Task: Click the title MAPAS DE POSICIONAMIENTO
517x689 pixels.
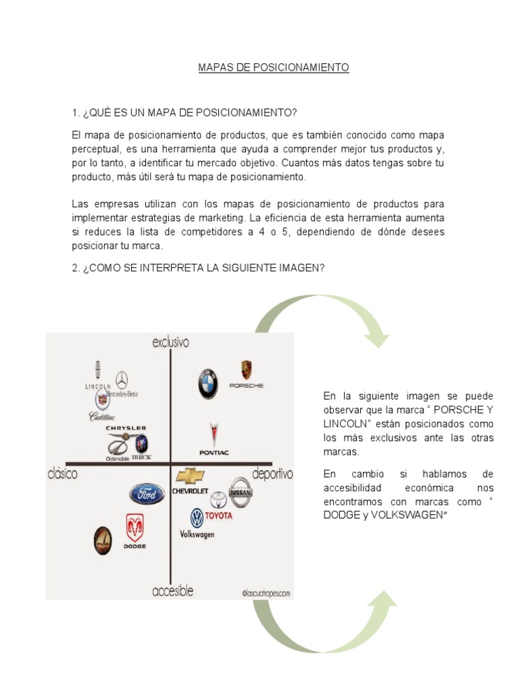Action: pos(273,68)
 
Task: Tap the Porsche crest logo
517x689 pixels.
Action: pos(246,370)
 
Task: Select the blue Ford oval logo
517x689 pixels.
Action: pos(147,495)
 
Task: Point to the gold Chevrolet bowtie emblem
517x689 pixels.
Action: pos(191,476)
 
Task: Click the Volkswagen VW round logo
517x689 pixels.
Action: pos(197,518)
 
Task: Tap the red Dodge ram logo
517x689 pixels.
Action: pos(135,528)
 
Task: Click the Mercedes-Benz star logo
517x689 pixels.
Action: pos(121,379)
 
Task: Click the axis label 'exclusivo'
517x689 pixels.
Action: pos(170,342)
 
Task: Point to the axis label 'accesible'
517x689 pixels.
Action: pos(172,591)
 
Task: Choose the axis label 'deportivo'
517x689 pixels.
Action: pos(272,474)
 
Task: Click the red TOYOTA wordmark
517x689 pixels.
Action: pos(219,515)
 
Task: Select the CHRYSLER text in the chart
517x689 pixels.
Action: pos(125,428)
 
